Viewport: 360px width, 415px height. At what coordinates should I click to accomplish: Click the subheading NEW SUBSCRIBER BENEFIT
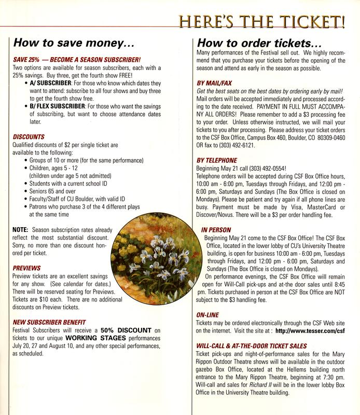point(49,322)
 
